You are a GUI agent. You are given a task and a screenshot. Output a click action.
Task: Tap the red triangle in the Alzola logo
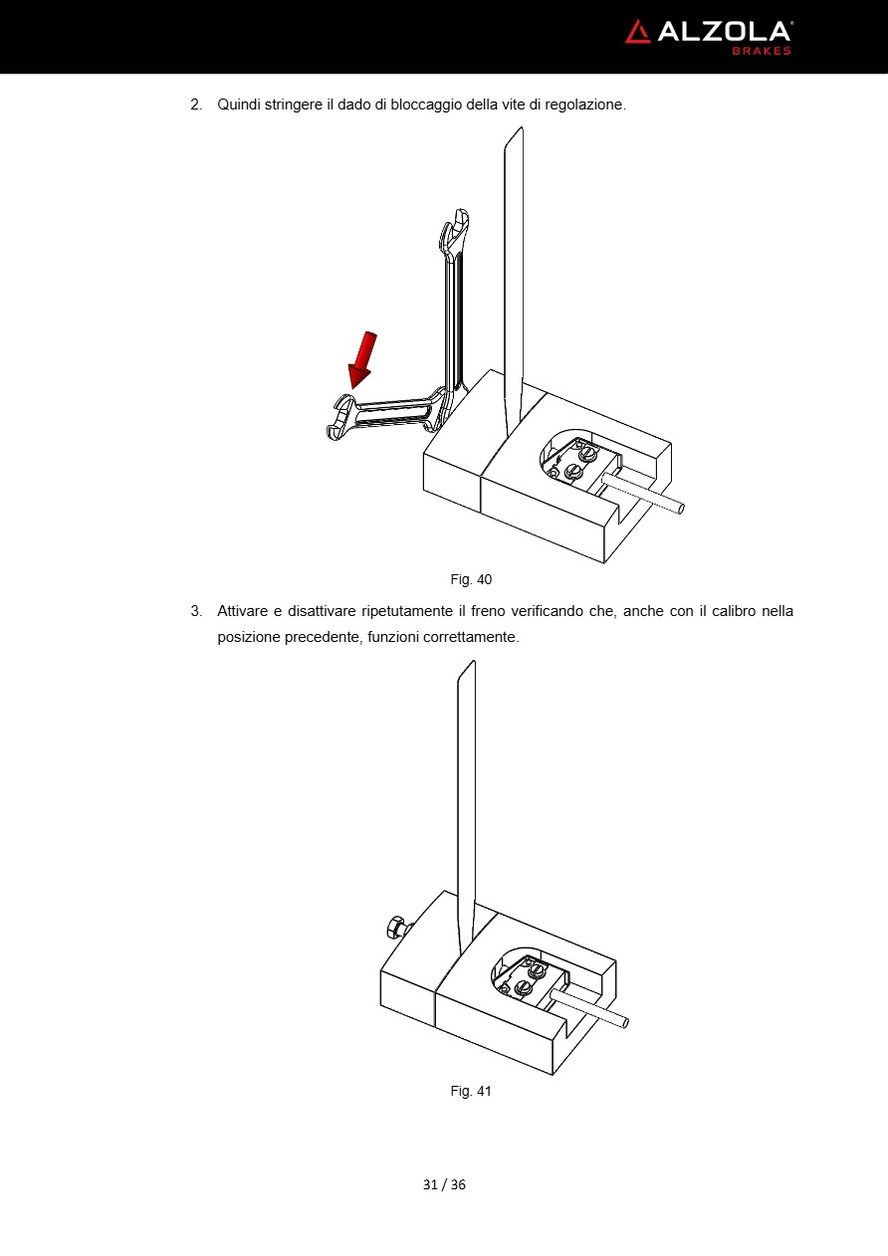point(637,32)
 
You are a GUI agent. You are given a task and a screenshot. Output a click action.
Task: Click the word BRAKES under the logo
point(762,51)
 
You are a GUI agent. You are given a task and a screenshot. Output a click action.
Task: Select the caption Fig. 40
point(471,579)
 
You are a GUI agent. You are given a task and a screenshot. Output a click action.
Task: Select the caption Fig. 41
point(471,1091)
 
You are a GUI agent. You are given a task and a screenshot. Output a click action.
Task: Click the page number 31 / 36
point(444,1184)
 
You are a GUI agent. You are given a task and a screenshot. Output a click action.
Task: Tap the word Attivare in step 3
point(242,611)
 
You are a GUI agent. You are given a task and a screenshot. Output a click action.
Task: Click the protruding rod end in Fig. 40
point(679,510)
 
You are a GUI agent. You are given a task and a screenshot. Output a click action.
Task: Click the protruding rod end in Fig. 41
point(624,1023)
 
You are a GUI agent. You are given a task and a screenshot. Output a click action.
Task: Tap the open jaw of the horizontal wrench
point(338,418)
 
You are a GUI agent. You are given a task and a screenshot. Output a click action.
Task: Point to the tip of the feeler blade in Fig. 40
point(521,127)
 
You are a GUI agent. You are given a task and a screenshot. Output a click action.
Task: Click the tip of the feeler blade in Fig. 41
point(474,662)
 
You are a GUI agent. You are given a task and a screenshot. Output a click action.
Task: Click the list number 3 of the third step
point(196,611)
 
